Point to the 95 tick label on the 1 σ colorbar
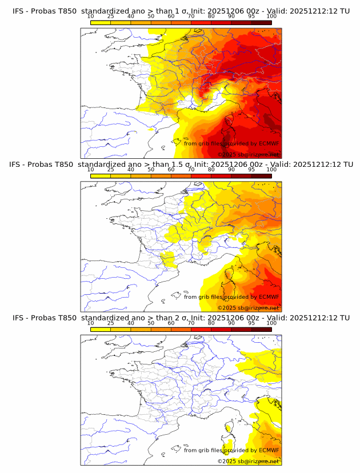point(251,17)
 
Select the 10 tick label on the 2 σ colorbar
point(90,323)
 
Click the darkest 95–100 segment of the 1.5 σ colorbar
point(261,176)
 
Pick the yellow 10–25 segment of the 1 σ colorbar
point(101,22)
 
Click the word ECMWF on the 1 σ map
point(269,143)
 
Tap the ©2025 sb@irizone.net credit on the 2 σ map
point(248,461)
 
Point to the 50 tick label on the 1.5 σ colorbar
point(151,170)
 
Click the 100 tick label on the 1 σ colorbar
point(271,17)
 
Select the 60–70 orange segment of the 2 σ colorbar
point(181,329)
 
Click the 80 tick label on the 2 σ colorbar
point(211,323)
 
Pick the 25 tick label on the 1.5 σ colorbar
point(110,170)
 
